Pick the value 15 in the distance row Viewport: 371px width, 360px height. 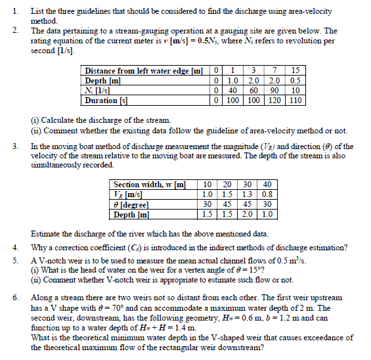(x=295, y=70)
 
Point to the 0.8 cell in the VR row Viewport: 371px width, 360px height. (x=267, y=194)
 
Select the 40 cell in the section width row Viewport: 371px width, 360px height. (x=267, y=185)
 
